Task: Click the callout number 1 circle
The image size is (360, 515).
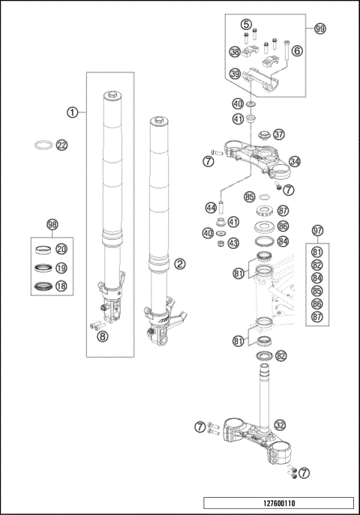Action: tap(72, 112)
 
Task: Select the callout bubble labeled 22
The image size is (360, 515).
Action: tap(62, 145)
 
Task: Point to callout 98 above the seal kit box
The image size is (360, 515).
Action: tap(52, 225)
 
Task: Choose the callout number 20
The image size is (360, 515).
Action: tap(62, 249)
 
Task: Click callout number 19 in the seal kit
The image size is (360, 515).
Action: tap(62, 267)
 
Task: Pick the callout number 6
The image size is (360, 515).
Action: tap(297, 51)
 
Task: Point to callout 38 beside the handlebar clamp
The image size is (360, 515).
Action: tap(235, 52)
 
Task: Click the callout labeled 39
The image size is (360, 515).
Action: tap(235, 73)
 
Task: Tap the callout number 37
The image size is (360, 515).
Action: tap(280, 134)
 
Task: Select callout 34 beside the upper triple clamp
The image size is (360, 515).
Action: tap(295, 161)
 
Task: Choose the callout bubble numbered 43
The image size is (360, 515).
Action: tap(233, 243)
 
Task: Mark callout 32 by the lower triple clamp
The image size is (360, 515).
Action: tap(280, 424)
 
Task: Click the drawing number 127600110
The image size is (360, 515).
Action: tap(277, 505)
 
